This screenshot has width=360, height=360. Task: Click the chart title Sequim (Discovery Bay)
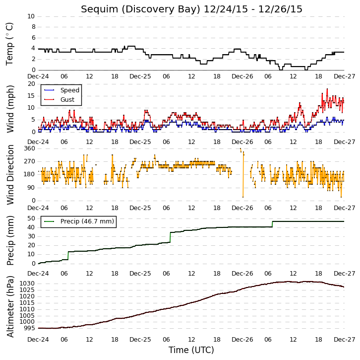[140, 9]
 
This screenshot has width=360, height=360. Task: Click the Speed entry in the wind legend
[70, 90]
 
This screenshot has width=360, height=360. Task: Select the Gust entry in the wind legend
[67, 99]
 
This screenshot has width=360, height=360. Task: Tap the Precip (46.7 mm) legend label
[87, 221]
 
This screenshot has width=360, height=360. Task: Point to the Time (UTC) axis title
[191, 350]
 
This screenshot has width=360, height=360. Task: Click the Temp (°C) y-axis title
[9, 44]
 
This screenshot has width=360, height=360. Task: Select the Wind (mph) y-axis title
[10, 109]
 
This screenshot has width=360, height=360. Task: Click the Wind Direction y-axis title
[10, 175]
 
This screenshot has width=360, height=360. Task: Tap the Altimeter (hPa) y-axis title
[10, 307]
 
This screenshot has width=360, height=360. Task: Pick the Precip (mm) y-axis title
[10, 240]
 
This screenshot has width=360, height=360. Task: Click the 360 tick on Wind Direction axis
[30, 148]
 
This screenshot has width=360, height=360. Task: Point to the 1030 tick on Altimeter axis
[27, 284]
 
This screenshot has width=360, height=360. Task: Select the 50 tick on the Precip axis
[31, 218]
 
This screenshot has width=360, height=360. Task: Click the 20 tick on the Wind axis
[31, 84]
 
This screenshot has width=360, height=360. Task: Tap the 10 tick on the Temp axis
[31, 16]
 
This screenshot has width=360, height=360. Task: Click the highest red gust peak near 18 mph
[327, 89]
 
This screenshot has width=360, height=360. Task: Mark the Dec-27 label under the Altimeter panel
[345, 340]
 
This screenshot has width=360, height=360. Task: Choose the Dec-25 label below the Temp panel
[140, 76]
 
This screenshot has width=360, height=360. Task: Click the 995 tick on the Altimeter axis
[29, 328]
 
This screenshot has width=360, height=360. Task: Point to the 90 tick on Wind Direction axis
[32, 188]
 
